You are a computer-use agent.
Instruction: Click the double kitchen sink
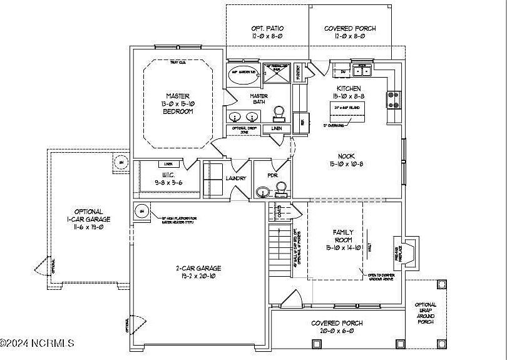[362, 69]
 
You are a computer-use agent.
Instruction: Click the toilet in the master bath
[280, 113]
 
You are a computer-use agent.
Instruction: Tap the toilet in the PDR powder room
[282, 188]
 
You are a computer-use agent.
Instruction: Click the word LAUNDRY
[236, 178]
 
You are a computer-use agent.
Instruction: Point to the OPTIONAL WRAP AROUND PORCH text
[426, 313]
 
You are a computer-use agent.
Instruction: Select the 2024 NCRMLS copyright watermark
[38, 343]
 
